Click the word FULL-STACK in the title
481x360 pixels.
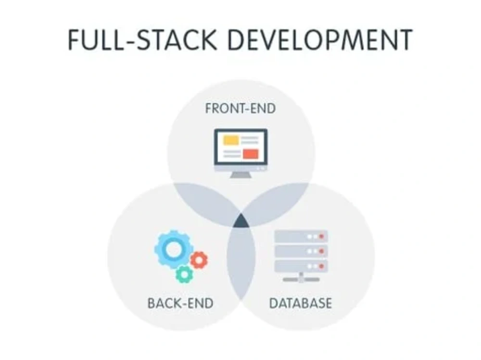142,39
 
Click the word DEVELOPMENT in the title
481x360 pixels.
320,39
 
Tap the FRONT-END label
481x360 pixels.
240,109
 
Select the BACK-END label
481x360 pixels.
180,303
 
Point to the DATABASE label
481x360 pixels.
301,303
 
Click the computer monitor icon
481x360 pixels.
240,153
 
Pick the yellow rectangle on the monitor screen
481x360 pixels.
231,140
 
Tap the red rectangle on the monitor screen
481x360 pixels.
251,154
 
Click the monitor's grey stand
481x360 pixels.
240,175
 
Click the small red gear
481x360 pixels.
199,260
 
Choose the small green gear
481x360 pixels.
184,275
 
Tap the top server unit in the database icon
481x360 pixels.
301,236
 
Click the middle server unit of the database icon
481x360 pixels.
301,251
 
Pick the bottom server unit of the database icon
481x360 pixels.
301,266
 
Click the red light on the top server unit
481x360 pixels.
321,236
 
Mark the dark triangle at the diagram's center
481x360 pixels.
241,222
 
